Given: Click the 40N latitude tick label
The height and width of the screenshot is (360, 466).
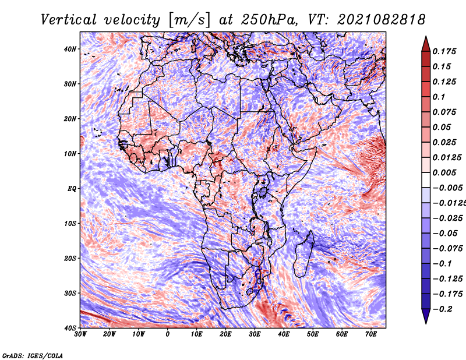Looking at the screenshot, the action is (x=70, y=49).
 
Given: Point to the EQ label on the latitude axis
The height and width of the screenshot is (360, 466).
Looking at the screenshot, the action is (x=72, y=189).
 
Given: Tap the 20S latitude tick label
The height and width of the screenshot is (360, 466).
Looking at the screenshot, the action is (x=70, y=258).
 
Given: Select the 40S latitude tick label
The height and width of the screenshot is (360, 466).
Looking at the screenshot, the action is (x=70, y=328).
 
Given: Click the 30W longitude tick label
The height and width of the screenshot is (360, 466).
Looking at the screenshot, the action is (x=80, y=334).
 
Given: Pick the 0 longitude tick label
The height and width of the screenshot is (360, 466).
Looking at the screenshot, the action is (x=168, y=334).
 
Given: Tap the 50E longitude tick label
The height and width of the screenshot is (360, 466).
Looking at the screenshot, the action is (x=313, y=334).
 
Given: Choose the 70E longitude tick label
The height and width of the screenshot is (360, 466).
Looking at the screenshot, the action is (x=371, y=334).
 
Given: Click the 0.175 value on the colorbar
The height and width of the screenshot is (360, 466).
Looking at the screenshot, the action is (x=444, y=51).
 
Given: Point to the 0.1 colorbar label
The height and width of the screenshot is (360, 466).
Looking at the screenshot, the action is (x=439, y=97).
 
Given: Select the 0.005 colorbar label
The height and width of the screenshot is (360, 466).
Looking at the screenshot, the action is (x=444, y=172).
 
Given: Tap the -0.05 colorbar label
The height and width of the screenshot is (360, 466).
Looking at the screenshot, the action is (x=444, y=234).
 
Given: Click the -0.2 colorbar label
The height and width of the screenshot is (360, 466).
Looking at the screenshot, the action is (x=442, y=309).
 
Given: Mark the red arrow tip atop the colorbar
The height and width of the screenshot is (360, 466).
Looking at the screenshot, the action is (x=426, y=36).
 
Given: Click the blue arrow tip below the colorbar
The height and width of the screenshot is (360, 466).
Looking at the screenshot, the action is (x=426, y=324).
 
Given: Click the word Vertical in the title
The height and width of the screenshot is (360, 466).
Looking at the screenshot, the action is (x=69, y=20).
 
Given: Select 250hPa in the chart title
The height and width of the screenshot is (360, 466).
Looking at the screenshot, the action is (x=269, y=20).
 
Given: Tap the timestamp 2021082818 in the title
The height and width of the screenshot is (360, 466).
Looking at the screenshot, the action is (x=382, y=20).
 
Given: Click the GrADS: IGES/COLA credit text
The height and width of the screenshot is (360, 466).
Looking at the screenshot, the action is (x=33, y=356).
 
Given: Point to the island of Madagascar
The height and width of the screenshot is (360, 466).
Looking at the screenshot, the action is (x=303, y=254).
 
